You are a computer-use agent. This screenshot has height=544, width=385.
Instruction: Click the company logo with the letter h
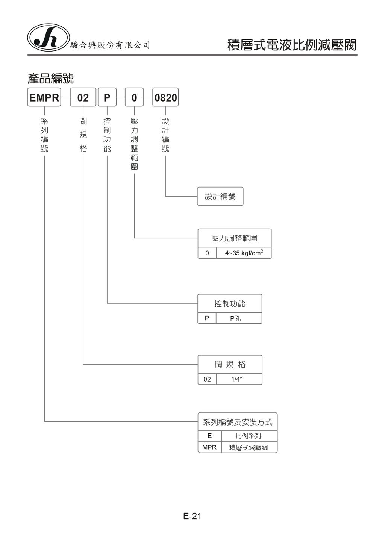[49, 38]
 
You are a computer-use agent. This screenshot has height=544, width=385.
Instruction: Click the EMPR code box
[44, 98]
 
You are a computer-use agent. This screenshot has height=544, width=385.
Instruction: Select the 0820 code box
[165, 98]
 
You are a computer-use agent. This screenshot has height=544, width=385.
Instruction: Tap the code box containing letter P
[107, 98]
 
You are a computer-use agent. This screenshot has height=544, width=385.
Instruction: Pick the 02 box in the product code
[83, 98]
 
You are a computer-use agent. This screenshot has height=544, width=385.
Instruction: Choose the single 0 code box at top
[134, 98]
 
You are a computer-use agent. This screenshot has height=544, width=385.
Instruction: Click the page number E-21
[192, 516]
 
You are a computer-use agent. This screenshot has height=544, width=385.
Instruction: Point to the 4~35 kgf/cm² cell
[244, 253]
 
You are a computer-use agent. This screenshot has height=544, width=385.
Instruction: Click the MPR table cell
[209, 447]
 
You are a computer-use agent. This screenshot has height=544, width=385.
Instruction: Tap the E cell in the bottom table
[209, 436]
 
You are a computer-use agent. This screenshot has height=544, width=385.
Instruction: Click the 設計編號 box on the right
[220, 196]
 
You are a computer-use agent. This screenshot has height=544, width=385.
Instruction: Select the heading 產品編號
[50, 79]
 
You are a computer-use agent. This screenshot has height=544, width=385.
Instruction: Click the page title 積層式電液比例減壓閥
[292, 45]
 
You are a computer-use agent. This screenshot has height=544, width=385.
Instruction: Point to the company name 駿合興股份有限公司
[110, 45]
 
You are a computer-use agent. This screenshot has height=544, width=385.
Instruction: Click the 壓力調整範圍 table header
[234, 238]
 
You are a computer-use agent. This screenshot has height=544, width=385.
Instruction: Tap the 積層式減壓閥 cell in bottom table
[249, 447]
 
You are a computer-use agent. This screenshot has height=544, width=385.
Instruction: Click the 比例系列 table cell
[249, 436]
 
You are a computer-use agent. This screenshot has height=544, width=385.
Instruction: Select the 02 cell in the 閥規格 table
[207, 379]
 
